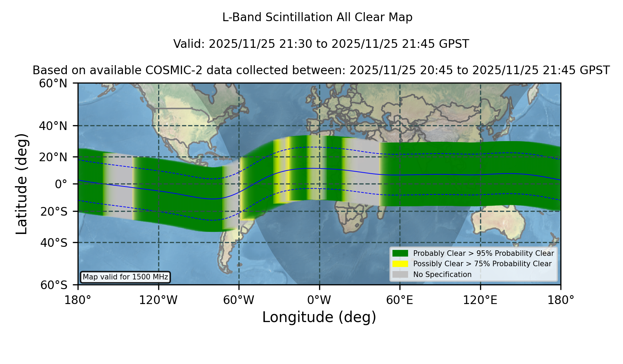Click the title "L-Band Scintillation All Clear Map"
pos(317,17)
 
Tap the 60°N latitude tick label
pos(53,84)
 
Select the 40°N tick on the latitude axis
pos(53,126)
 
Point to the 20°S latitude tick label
pos(54,211)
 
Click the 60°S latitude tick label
pos(54,285)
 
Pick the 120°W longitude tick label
pos(158,300)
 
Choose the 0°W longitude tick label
pos(319,300)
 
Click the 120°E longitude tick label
pos(480,300)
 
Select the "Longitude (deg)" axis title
pos(319,317)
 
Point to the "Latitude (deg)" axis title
pos(21,184)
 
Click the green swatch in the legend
pos(400,253)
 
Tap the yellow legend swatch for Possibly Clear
pos(400,264)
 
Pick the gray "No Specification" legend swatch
pos(400,275)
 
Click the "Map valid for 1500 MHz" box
pos(125,277)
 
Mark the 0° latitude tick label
pos(61,184)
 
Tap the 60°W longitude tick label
pos(238,300)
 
